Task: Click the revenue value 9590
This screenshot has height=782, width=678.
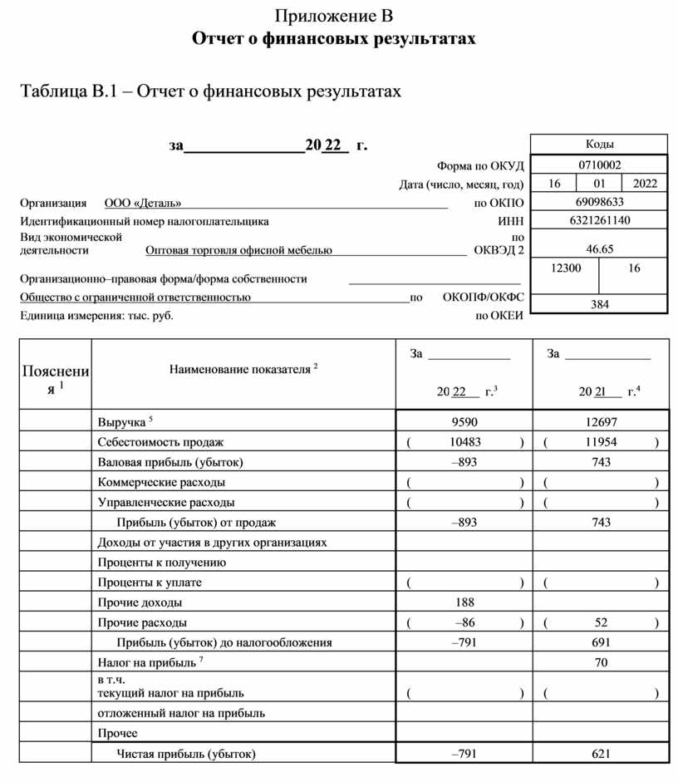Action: click(x=464, y=421)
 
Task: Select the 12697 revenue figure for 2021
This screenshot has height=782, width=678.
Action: click(x=602, y=421)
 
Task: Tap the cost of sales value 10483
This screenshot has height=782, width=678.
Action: click(x=464, y=442)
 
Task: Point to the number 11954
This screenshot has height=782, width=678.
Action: click(x=602, y=442)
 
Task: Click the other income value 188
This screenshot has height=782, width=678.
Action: click(x=464, y=602)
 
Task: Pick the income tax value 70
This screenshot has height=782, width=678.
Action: click(x=602, y=662)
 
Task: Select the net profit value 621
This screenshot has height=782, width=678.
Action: click(x=602, y=754)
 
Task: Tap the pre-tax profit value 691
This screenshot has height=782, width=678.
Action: click(x=602, y=642)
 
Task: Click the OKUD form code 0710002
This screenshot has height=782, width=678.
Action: click(x=599, y=165)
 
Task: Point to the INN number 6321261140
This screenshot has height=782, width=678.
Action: click(x=599, y=220)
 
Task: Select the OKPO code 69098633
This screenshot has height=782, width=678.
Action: click(x=599, y=202)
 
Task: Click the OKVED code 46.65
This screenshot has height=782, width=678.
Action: click(x=599, y=248)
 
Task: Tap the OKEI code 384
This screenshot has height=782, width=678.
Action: click(x=599, y=304)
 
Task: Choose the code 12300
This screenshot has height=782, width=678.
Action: click(x=566, y=268)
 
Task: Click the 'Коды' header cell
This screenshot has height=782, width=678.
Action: click(x=599, y=145)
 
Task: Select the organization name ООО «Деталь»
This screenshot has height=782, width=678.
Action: click(x=143, y=203)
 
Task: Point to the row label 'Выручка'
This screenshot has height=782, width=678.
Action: click(x=122, y=422)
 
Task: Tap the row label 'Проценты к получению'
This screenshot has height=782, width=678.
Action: click(x=161, y=563)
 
